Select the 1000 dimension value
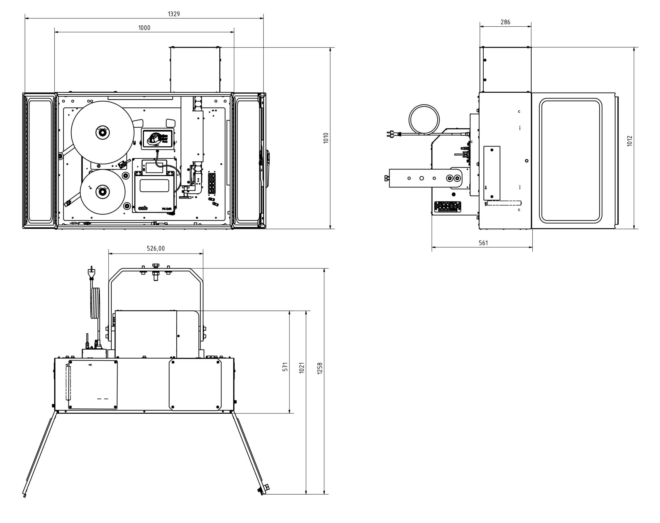[x=144, y=28]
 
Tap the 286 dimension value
[x=505, y=22]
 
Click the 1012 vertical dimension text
[x=630, y=141]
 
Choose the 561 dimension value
[x=483, y=243]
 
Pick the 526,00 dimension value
[x=156, y=248]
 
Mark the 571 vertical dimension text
[x=285, y=367]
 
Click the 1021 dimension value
[x=302, y=367]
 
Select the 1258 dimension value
[x=320, y=368]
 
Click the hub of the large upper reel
[x=103, y=133]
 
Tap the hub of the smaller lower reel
[x=103, y=192]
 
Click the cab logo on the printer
[x=143, y=208]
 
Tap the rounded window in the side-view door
[x=571, y=160]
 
